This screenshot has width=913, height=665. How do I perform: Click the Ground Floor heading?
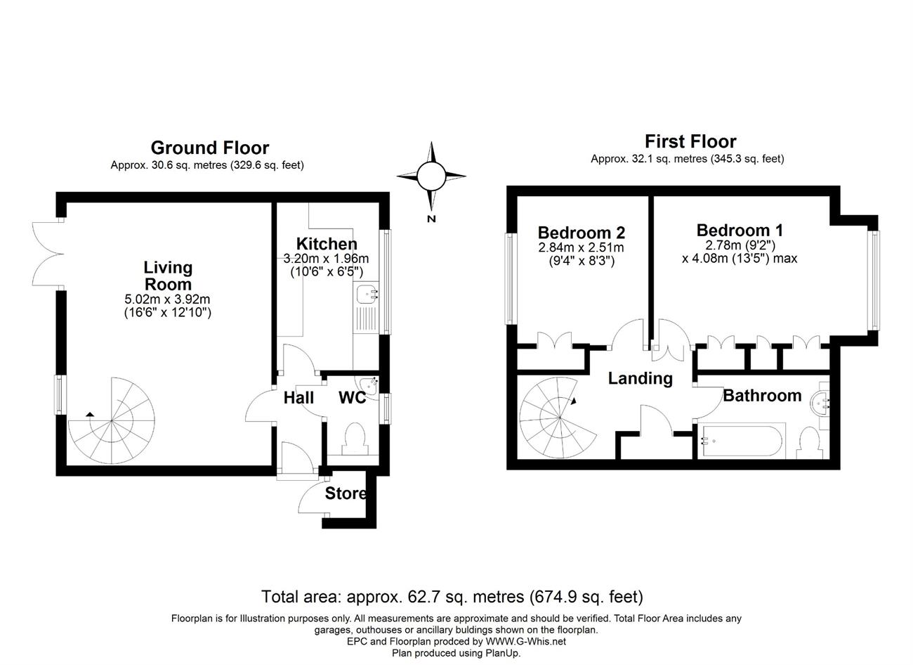click(x=210, y=148)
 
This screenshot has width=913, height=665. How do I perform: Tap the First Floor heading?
click(x=690, y=141)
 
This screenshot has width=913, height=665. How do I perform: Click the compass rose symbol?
click(x=431, y=176)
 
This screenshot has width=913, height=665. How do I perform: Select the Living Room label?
click(x=168, y=276)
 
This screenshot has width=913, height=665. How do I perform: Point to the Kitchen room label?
click(x=327, y=243)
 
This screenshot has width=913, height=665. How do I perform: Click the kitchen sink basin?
click(x=366, y=295)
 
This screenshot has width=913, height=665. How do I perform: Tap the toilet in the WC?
click(x=354, y=439)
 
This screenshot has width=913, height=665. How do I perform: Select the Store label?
click(x=346, y=493)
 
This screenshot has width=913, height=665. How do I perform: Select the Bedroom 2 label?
click(x=582, y=233)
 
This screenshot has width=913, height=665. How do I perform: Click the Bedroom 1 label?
click(x=740, y=230)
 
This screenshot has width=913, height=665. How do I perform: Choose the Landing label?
click(x=640, y=378)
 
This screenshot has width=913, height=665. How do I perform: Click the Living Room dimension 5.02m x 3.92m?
click(x=167, y=299)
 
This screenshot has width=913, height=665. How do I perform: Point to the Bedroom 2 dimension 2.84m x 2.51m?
click(x=582, y=247)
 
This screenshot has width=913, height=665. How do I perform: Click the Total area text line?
click(x=452, y=596)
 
